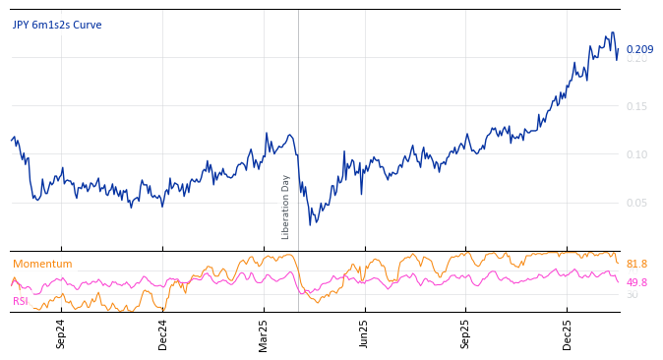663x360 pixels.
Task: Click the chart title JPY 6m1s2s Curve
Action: coord(57,26)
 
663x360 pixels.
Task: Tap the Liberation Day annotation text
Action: coord(286,207)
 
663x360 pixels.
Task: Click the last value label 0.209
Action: coord(639,50)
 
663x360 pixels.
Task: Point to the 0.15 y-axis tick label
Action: coord(637,106)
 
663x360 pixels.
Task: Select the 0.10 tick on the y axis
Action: coord(637,154)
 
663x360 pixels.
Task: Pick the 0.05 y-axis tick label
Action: coord(637,203)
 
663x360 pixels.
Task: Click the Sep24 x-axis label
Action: coord(61,333)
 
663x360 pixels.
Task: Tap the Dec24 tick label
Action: coord(163,333)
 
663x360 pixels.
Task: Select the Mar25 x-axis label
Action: coord(265,333)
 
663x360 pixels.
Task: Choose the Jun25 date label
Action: coord(365,333)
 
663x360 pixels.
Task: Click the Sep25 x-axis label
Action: coord(466,333)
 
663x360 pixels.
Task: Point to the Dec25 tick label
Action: coord(568,333)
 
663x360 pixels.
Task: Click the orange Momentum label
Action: coord(42,264)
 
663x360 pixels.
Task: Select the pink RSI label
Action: coord(21,301)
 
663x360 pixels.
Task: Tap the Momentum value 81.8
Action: coord(636,264)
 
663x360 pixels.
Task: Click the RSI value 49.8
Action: coord(636,282)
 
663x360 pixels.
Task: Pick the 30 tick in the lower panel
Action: coord(632,294)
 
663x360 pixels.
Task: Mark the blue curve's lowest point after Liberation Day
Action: coord(311,225)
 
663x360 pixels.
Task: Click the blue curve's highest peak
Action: coord(613,32)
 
